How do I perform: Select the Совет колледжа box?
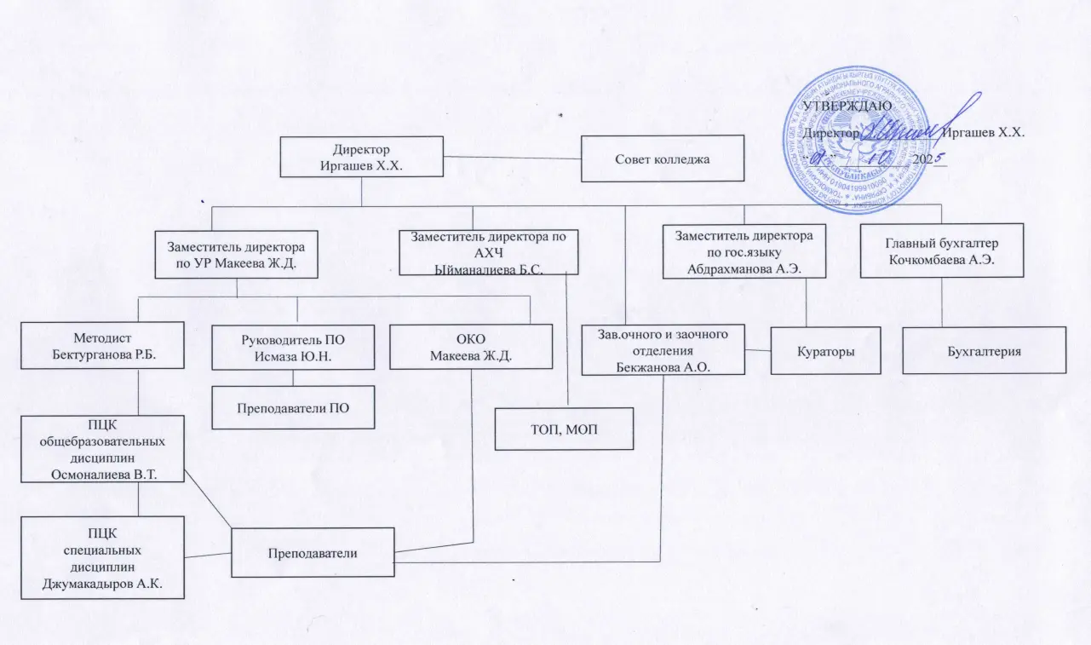pyautogui.click(x=663, y=158)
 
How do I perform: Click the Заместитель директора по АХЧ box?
pyautogui.click(x=489, y=252)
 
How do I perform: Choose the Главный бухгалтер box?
pyautogui.click(x=940, y=250)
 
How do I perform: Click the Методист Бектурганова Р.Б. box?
pyautogui.click(x=103, y=345)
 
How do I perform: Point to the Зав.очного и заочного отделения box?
pyautogui.click(x=663, y=349)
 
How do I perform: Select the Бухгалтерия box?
pyautogui.click(x=984, y=350)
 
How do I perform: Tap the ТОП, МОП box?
pyautogui.click(x=565, y=428)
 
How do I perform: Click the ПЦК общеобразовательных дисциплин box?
pyautogui.click(x=102, y=448)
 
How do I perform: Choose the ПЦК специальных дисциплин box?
pyautogui.click(x=102, y=557)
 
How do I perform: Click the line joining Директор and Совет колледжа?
pyautogui.click(x=513, y=158)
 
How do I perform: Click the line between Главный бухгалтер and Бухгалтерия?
pyautogui.click(x=941, y=302)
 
